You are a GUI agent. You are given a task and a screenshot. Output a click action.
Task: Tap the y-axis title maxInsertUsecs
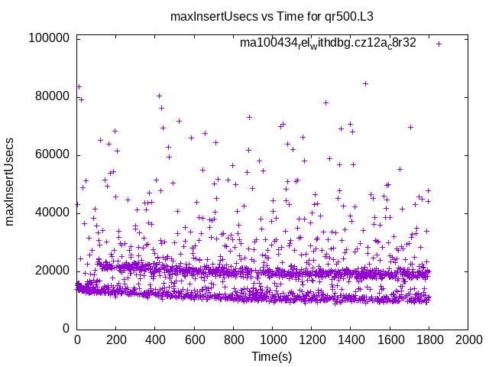point(11,182)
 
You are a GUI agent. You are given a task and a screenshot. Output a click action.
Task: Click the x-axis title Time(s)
point(273,356)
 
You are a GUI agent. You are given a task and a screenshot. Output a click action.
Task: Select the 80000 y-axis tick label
point(52,96)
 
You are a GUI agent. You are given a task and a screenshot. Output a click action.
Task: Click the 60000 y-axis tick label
point(52,154)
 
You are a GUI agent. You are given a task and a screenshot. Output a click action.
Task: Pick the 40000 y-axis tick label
point(52,213)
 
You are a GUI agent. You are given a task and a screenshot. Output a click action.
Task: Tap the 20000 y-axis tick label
point(52,271)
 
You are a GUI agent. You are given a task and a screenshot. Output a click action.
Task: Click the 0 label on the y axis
point(67,329)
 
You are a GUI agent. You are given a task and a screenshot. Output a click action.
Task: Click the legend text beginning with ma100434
point(328,44)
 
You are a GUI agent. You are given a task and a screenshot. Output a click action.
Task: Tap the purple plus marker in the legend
point(439,44)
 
